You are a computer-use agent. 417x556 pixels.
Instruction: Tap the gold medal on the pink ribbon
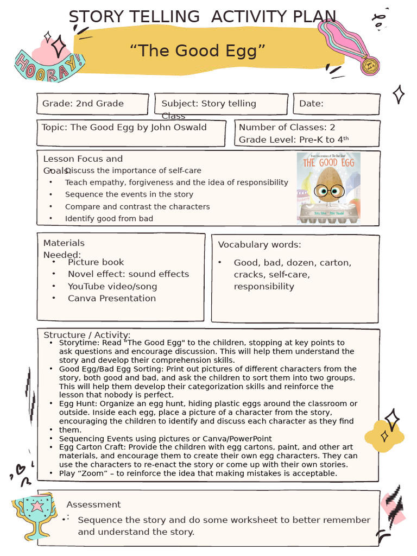[x=370, y=66]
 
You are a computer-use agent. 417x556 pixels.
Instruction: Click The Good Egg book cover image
[x=328, y=188]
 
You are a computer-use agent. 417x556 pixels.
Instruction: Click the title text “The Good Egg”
[x=198, y=52]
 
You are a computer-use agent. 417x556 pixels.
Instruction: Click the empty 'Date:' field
[x=337, y=104]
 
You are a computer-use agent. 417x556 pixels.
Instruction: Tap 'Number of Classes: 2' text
[x=287, y=128]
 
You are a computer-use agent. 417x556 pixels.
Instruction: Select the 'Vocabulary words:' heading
[x=260, y=245]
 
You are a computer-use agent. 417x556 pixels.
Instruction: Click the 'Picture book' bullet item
[x=96, y=262]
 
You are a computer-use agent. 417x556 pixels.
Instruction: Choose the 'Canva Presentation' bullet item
[x=111, y=299]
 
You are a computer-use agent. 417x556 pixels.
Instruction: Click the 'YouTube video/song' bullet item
[x=112, y=287]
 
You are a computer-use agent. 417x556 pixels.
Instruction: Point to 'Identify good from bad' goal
[x=109, y=219]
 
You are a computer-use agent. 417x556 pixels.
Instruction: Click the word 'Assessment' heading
[x=93, y=505]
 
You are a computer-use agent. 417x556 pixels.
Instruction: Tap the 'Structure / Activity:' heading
[x=87, y=335]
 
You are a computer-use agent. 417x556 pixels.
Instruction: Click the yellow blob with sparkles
[x=385, y=434]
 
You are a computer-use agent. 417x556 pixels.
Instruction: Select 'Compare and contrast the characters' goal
[x=137, y=207]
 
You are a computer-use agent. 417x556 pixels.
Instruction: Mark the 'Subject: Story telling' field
[x=208, y=104]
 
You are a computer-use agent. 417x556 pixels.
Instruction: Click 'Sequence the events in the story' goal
[x=129, y=194]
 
